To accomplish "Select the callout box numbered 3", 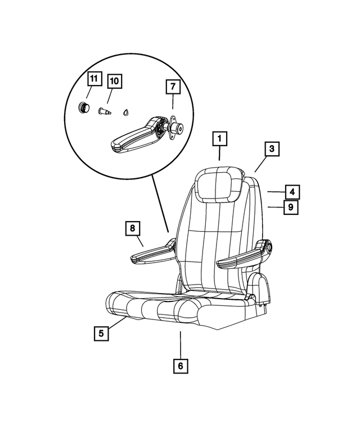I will [x=271, y=149].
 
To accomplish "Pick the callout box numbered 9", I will [x=290, y=208].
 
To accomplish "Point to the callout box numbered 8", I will [x=132, y=228].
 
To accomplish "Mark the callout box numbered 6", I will [x=180, y=366].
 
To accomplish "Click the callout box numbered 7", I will [x=173, y=87].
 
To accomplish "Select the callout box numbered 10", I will [x=114, y=81].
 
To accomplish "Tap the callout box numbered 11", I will [x=94, y=79].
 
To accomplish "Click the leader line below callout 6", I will [x=180, y=343].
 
